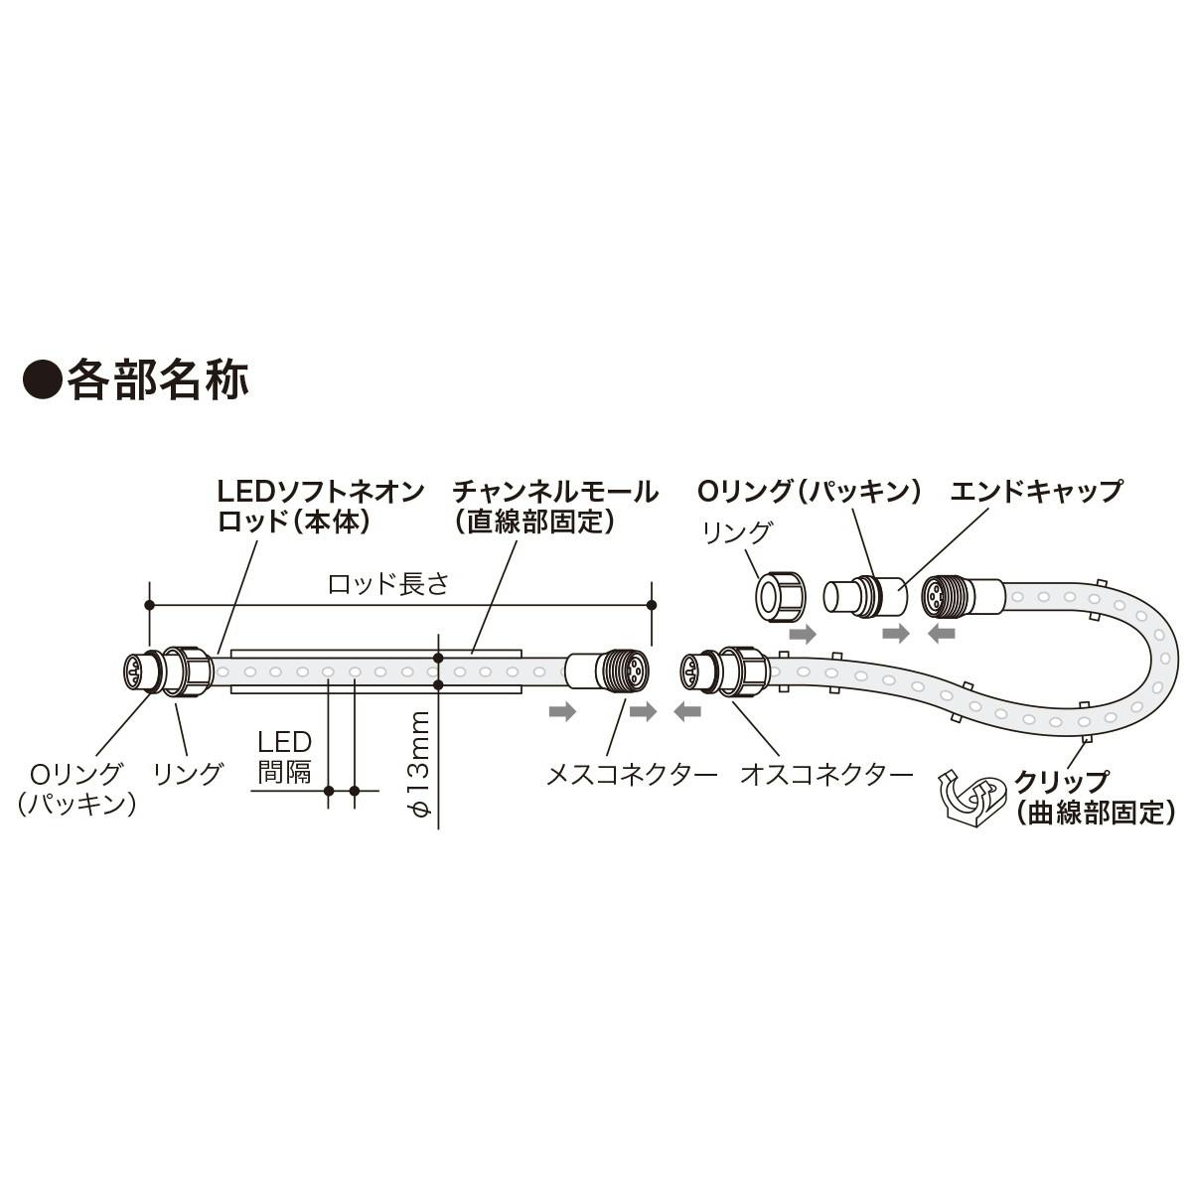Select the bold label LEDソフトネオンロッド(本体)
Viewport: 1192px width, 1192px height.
pyautogui.click(x=320, y=506)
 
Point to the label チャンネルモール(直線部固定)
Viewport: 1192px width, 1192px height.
pyautogui.click(x=553, y=506)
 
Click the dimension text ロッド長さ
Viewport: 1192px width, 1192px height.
pyautogui.click(x=388, y=583)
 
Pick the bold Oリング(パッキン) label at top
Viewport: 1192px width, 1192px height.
pyautogui.click(x=810, y=491)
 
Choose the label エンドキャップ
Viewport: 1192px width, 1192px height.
pyautogui.click(x=1035, y=491)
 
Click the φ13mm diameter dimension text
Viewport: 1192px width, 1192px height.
pyautogui.click(x=420, y=765)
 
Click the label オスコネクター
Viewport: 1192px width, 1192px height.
pyautogui.click(x=826, y=775)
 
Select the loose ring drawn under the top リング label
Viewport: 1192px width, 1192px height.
pyautogui.click(x=780, y=595)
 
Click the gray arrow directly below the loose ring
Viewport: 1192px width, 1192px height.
pyautogui.click(x=802, y=632)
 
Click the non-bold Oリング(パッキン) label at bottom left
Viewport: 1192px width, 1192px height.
pyautogui.click(x=75, y=789)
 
